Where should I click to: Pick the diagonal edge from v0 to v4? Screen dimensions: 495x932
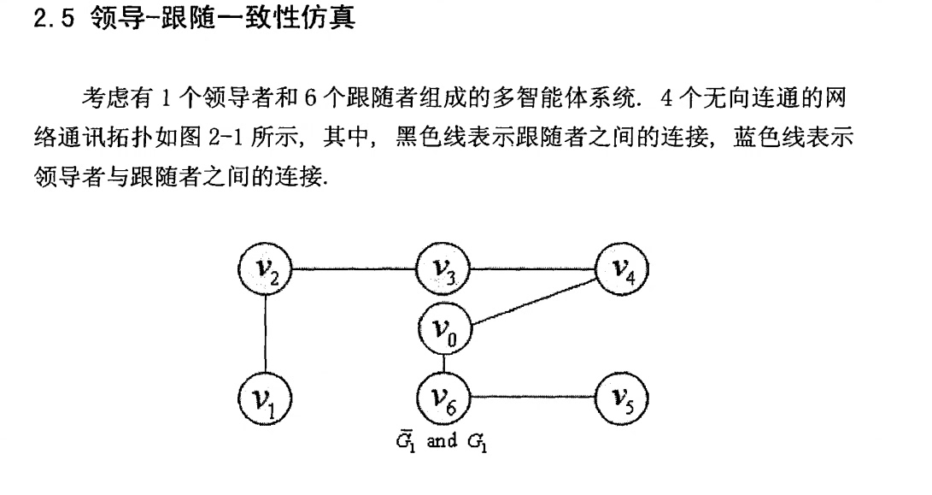pos(534,301)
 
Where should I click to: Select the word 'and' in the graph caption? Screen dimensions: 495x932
pos(441,442)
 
